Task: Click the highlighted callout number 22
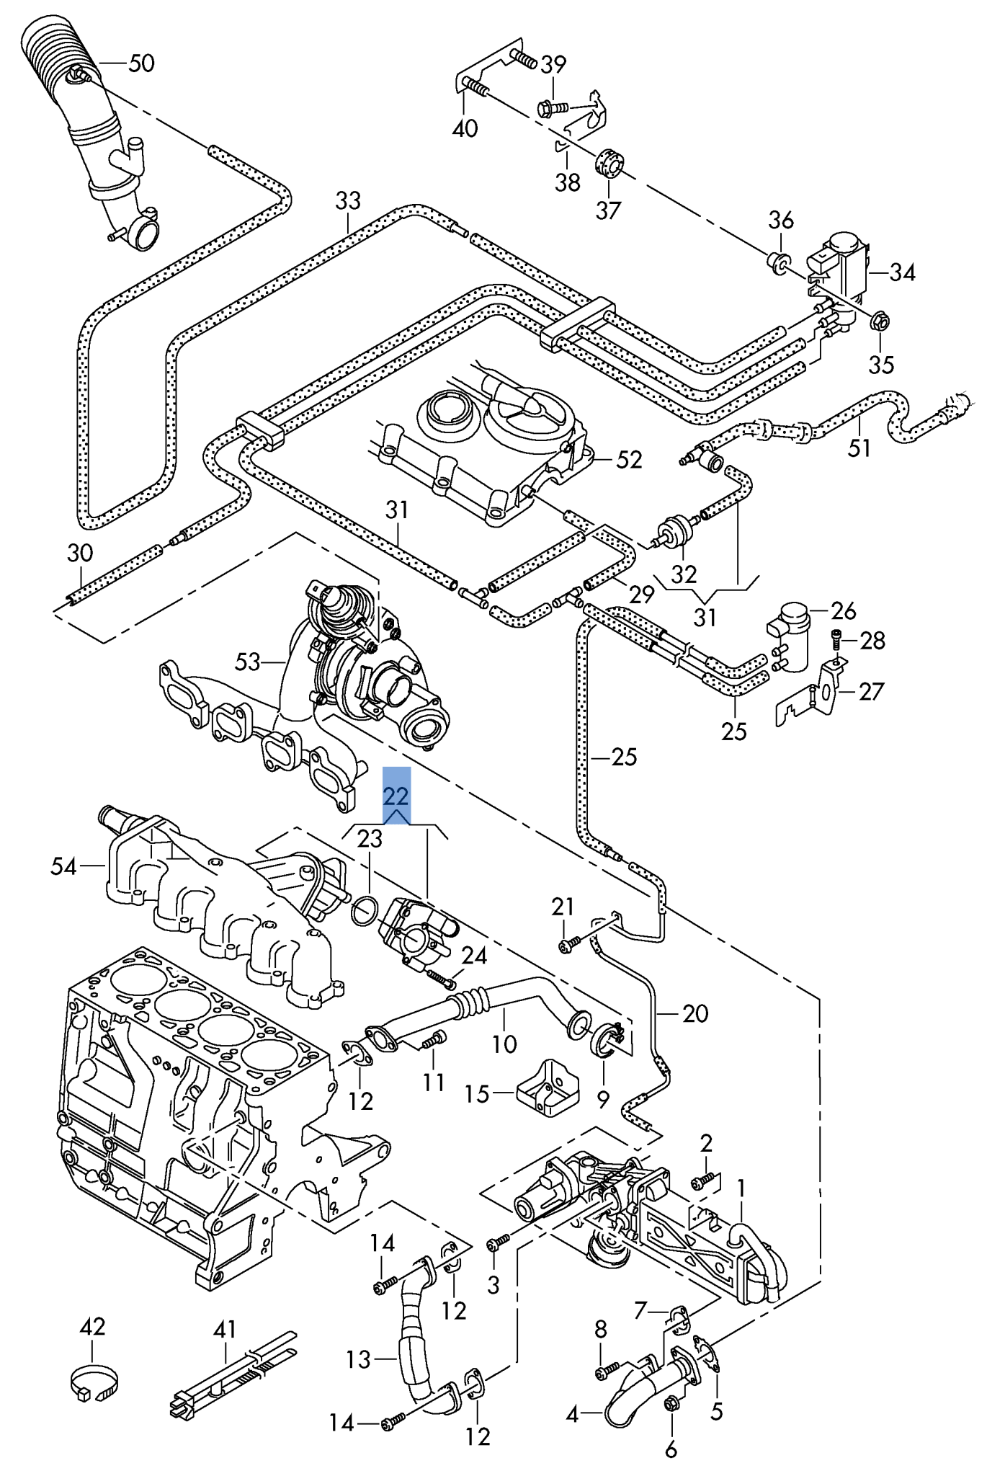pyautogui.click(x=396, y=796)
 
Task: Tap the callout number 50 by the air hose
pyautogui.click(x=141, y=63)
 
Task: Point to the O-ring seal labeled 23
pyautogui.click(x=365, y=911)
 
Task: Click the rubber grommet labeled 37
pyautogui.click(x=609, y=163)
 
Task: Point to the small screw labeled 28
pyautogui.click(x=836, y=638)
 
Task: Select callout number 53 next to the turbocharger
pyautogui.click(x=247, y=661)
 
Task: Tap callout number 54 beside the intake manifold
pyautogui.click(x=63, y=866)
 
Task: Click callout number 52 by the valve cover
pyautogui.click(x=628, y=459)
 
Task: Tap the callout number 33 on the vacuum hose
pyautogui.click(x=347, y=200)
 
